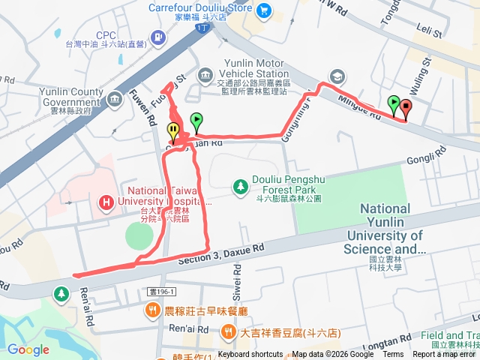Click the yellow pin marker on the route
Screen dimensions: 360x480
(x=173, y=131)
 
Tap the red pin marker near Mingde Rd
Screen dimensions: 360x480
(x=406, y=109)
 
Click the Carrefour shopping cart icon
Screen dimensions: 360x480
(x=264, y=10)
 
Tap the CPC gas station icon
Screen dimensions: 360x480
(x=157, y=36)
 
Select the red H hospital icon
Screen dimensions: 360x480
(x=106, y=202)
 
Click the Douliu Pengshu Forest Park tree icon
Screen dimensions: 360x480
(x=240, y=184)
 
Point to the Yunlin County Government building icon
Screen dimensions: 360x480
(x=114, y=98)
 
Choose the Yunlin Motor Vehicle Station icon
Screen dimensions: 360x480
(x=205, y=75)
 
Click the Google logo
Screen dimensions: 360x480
(x=28, y=349)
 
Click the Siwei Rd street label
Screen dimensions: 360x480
(x=231, y=286)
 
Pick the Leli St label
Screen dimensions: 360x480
(x=428, y=31)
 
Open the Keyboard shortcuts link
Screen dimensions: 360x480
(x=250, y=355)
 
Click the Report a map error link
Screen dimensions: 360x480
(x=445, y=355)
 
